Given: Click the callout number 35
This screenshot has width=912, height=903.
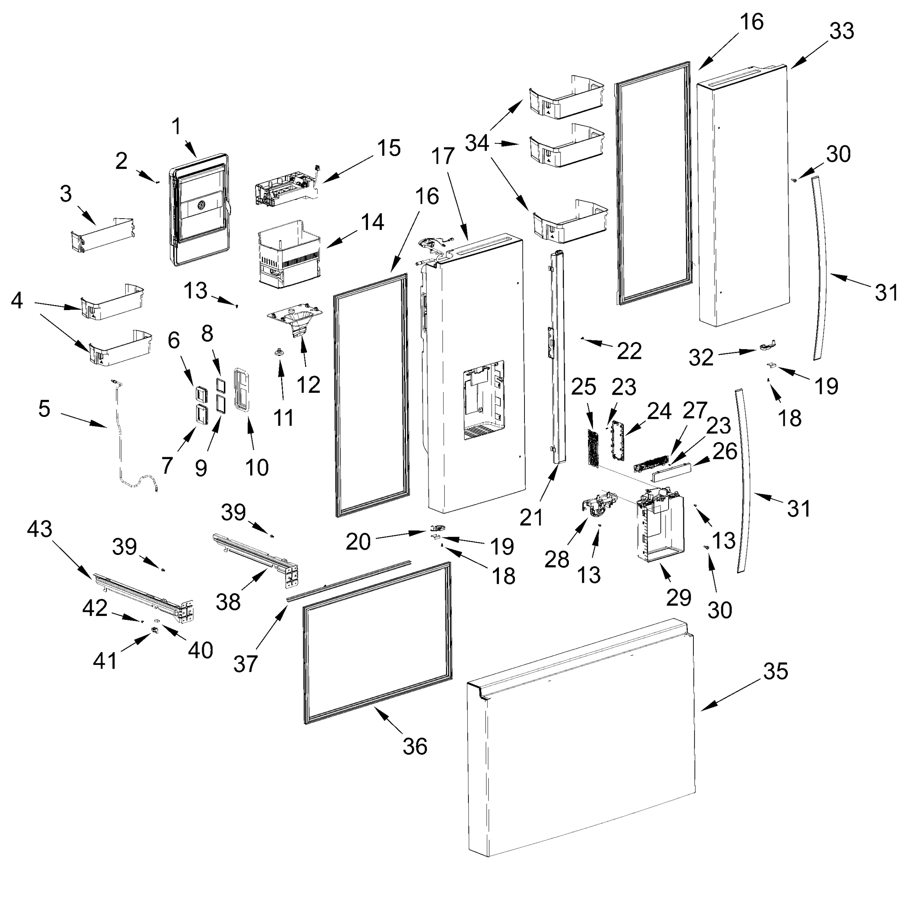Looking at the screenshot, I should pos(775,671).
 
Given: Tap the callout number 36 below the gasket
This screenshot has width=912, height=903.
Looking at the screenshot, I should pos(415,746).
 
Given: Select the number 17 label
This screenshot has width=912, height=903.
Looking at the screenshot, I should pos(442,156).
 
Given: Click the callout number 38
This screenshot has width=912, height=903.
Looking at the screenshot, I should pos(228,602).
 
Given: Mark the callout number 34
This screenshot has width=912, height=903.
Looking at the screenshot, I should pos(477,143).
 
